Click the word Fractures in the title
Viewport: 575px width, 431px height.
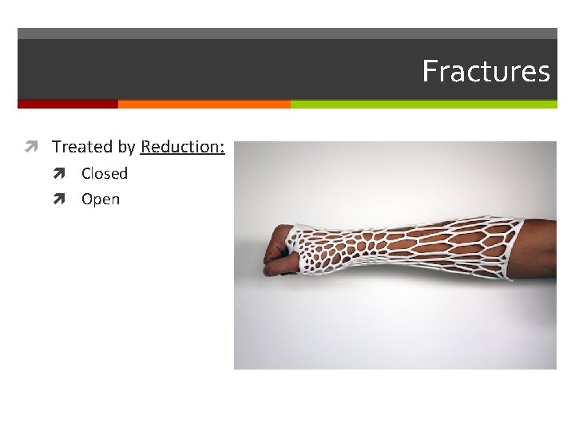pyautogui.click(x=486, y=71)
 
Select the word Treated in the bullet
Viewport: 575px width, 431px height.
pyautogui.click(x=82, y=147)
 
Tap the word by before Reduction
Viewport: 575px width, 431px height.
pyautogui.click(x=127, y=148)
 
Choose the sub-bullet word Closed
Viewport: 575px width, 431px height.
pyautogui.click(x=105, y=173)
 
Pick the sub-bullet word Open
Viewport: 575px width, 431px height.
pyautogui.click(x=101, y=200)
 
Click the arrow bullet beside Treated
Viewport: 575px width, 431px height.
pyautogui.click(x=31, y=147)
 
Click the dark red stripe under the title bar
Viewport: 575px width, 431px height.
pyautogui.click(x=68, y=104)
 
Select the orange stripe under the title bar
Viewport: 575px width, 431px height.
pyautogui.click(x=204, y=104)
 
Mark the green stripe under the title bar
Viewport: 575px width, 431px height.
pyautogui.click(x=423, y=104)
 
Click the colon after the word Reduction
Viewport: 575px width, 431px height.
pyautogui.click(x=223, y=148)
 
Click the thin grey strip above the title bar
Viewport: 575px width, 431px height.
pyautogui.click(x=287, y=34)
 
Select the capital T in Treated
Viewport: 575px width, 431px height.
pyautogui.click(x=57, y=147)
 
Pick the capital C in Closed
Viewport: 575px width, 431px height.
pyautogui.click(x=86, y=173)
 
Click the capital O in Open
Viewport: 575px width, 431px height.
pyautogui.click(x=87, y=200)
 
